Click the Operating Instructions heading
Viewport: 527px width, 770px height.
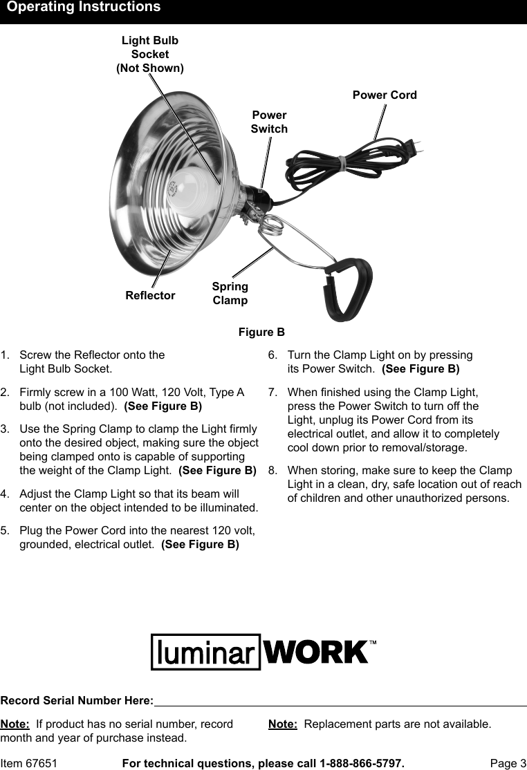[84, 8]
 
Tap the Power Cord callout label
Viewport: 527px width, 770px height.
[385, 95]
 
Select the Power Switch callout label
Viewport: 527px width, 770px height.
[269, 122]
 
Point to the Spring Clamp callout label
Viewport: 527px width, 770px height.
[230, 293]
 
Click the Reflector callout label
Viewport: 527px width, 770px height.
[150, 295]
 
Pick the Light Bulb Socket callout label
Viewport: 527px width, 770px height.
[150, 54]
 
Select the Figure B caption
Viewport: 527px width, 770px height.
[261, 332]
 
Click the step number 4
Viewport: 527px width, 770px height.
[5, 494]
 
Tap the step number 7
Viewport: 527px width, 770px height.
[272, 391]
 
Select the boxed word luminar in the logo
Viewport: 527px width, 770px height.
[205, 652]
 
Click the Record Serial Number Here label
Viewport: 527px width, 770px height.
[77, 701]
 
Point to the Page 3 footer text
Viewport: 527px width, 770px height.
[508, 763]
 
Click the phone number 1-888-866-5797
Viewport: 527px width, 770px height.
[361, 763]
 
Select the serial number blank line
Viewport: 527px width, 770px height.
[340, 704]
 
